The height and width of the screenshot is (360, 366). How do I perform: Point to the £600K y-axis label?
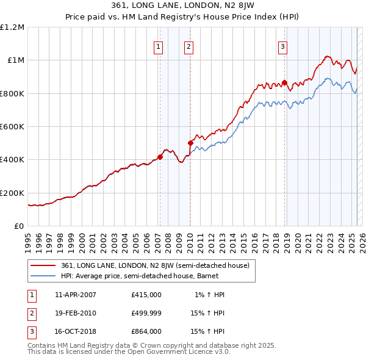tap(13, 126)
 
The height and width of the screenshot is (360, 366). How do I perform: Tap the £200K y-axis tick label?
tap(13, 193)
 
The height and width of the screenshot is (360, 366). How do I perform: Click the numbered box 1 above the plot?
tap(159, 46)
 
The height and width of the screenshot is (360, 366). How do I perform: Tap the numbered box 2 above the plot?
tap(189, 46)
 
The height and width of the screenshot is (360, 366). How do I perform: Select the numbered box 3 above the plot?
tap(283, 46)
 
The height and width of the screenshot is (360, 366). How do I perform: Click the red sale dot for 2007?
tap(160, 157)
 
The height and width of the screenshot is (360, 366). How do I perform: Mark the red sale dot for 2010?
tap(190, 143)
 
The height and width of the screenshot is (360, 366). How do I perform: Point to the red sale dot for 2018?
tap(284, 82)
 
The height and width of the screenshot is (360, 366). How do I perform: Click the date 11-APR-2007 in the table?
tap(76, 295)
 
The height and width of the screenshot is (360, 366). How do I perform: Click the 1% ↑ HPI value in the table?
tap(210, 295)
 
